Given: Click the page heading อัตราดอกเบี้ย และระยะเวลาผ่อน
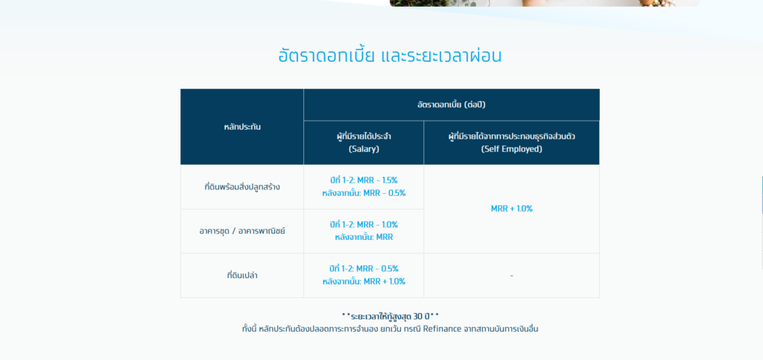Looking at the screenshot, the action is pos(390,56).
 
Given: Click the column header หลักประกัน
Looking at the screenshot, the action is pos(242,127).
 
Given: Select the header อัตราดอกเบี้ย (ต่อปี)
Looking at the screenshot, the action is pos(451,104).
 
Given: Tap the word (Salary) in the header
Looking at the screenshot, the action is pos(364,149).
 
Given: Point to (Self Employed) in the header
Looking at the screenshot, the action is pos(511,149).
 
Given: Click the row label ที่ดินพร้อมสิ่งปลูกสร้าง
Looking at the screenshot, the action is pos(242,187).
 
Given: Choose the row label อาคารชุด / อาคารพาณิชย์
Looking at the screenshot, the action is pos(242,231).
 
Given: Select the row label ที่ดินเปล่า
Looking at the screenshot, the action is pos(242,275).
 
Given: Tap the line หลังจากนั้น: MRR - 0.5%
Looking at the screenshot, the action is pos(364,193).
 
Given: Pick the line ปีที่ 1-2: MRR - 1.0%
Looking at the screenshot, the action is pos(364,225).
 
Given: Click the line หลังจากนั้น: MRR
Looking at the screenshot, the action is pos(364,238).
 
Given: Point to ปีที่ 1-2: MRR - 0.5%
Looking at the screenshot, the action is pos(364,268).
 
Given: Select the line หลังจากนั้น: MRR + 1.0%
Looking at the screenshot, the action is pos(364,281).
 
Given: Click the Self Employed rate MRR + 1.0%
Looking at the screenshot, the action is pos(511,209).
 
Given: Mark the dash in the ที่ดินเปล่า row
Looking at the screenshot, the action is pos(511,276).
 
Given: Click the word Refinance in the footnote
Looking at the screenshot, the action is pos(442,329).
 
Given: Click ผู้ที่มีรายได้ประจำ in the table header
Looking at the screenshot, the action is pos(364,136).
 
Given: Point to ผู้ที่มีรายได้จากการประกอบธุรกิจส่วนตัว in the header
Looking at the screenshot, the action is pos(511,136).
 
